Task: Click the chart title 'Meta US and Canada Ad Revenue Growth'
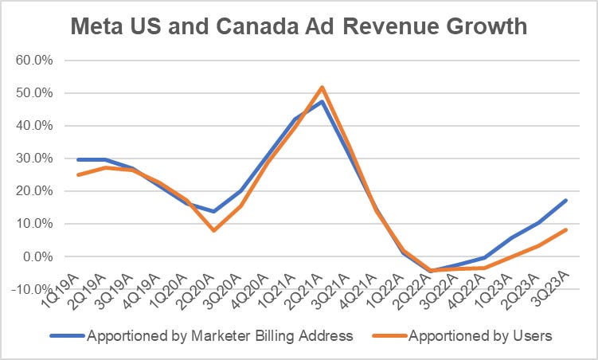coord(299,25)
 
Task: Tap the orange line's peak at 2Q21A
coord(321,87)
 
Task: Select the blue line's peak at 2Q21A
coord(321,101)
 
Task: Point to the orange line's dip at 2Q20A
coord(213,230)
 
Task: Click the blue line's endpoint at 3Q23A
coord(565,201)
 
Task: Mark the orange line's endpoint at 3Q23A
coord(565,229)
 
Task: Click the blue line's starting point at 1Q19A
coord(77,159)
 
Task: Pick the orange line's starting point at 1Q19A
coord(77,174)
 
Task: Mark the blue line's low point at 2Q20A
coord(213,211)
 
